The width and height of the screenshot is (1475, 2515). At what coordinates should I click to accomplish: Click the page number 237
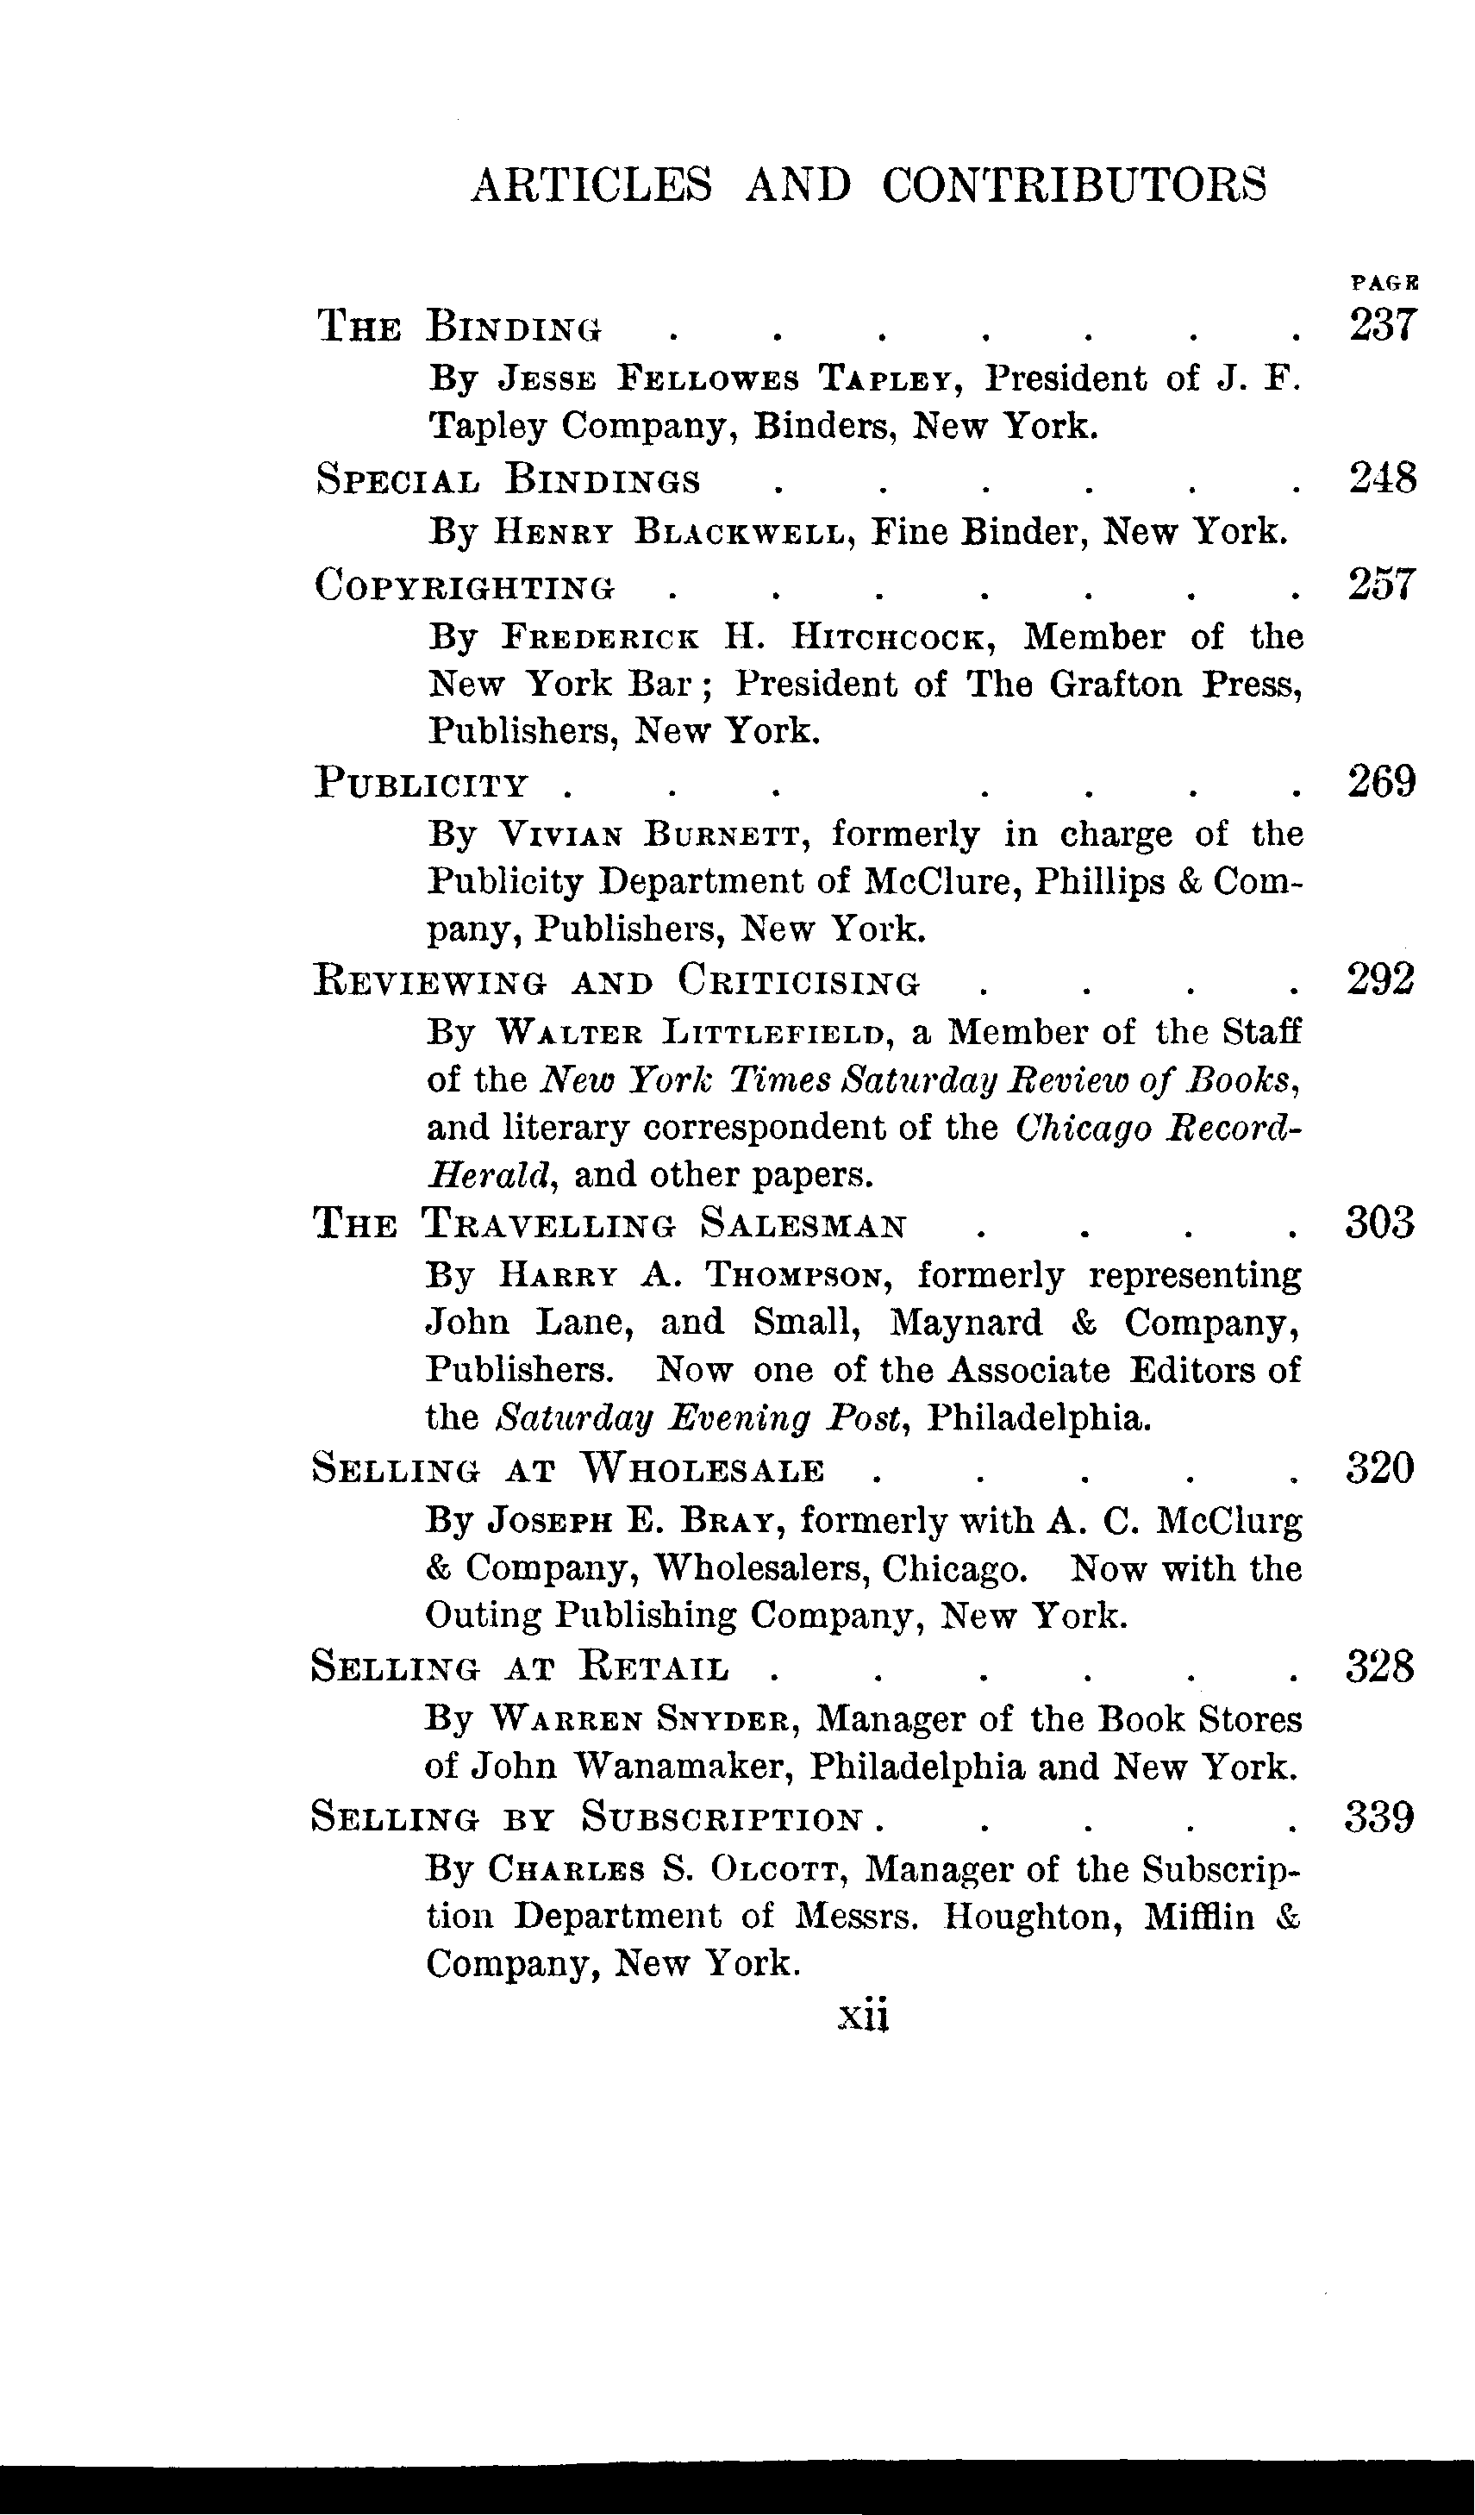pyautogui.click(x=1382, y=325)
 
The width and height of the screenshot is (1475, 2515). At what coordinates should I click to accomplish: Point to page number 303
pyautogui.click(x=1380, y=1223)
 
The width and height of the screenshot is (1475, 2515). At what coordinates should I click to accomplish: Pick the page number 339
pyautogui.click(x=1379, y=1817)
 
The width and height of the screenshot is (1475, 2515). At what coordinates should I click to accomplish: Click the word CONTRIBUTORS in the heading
pyautogui.click(x=1075, y=185)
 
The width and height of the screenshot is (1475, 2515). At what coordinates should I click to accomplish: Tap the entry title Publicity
pyautogui.click(x=420, y=785)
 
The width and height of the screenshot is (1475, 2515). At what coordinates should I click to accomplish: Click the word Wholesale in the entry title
pyautogui.click(x=703, y=1470)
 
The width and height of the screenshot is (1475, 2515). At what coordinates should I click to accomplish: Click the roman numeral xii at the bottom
pyautogui.click(x=865, y=2015)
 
